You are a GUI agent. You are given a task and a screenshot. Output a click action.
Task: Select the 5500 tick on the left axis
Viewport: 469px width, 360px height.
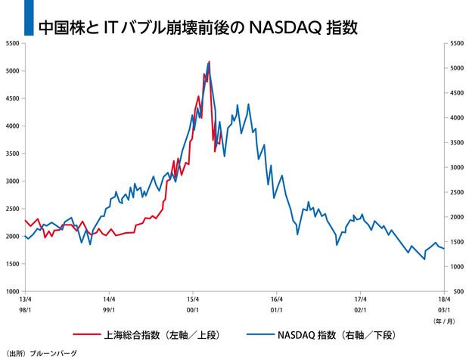(x=14, y=43)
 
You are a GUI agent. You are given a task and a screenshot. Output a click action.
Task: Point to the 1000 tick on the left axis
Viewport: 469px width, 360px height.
(x=14, y=291)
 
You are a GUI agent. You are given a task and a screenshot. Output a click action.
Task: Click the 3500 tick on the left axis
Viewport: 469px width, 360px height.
(x=14, y=154)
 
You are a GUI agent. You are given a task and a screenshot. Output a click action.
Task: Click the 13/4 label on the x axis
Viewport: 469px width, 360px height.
(x=25, y=299)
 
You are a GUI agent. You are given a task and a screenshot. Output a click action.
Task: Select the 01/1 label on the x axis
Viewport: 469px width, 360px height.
(x=276, y=309)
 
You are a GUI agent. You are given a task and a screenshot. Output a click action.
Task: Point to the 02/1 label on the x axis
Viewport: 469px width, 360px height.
(x=360, y=309)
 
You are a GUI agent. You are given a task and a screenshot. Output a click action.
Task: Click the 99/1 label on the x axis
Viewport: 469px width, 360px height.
(x=109, y=309)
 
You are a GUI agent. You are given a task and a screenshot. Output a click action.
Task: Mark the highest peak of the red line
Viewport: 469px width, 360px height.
(x=209, y=61)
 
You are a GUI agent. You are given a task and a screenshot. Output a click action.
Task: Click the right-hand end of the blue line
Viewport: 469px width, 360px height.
(x=443, y=247)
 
